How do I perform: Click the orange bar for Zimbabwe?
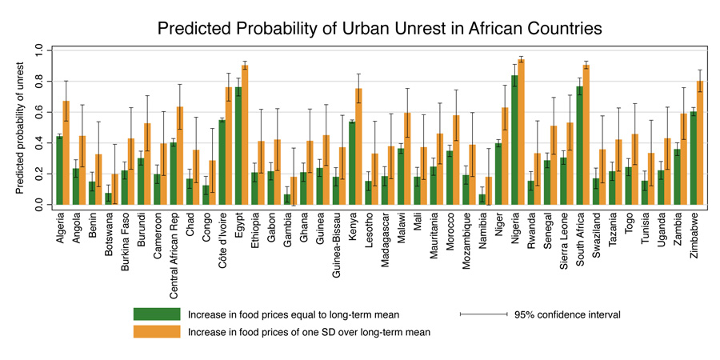pos(700,145)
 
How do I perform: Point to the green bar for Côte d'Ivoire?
pos(222,165)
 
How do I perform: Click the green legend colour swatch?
pos(157,314)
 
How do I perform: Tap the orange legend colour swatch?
pos(157,332)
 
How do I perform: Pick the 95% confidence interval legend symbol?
pos(483,314)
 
